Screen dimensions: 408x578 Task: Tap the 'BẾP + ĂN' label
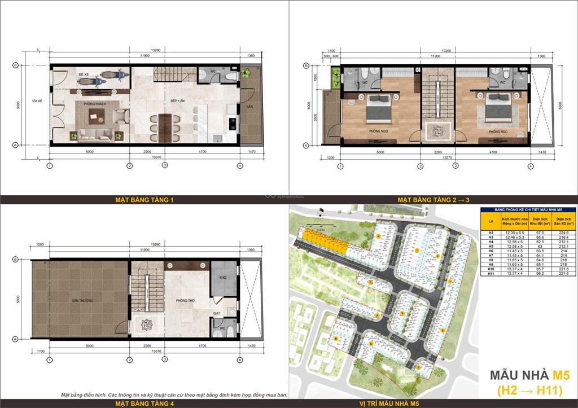coord(179,100)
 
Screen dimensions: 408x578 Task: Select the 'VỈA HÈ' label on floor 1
coord(38,100)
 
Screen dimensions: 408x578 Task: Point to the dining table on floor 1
coord(164,122)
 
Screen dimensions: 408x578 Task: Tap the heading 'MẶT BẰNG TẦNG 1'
coord(144,200)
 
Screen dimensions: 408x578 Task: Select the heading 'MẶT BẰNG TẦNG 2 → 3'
coord(433,200)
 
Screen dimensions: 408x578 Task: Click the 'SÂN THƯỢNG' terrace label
coord(82,300)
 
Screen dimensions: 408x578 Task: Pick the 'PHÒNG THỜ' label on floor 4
coord(185,301)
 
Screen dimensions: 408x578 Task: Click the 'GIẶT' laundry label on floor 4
coord(216,313)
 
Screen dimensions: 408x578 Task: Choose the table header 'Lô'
coord(491,220)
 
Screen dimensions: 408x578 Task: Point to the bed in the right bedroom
coord(496,109)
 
